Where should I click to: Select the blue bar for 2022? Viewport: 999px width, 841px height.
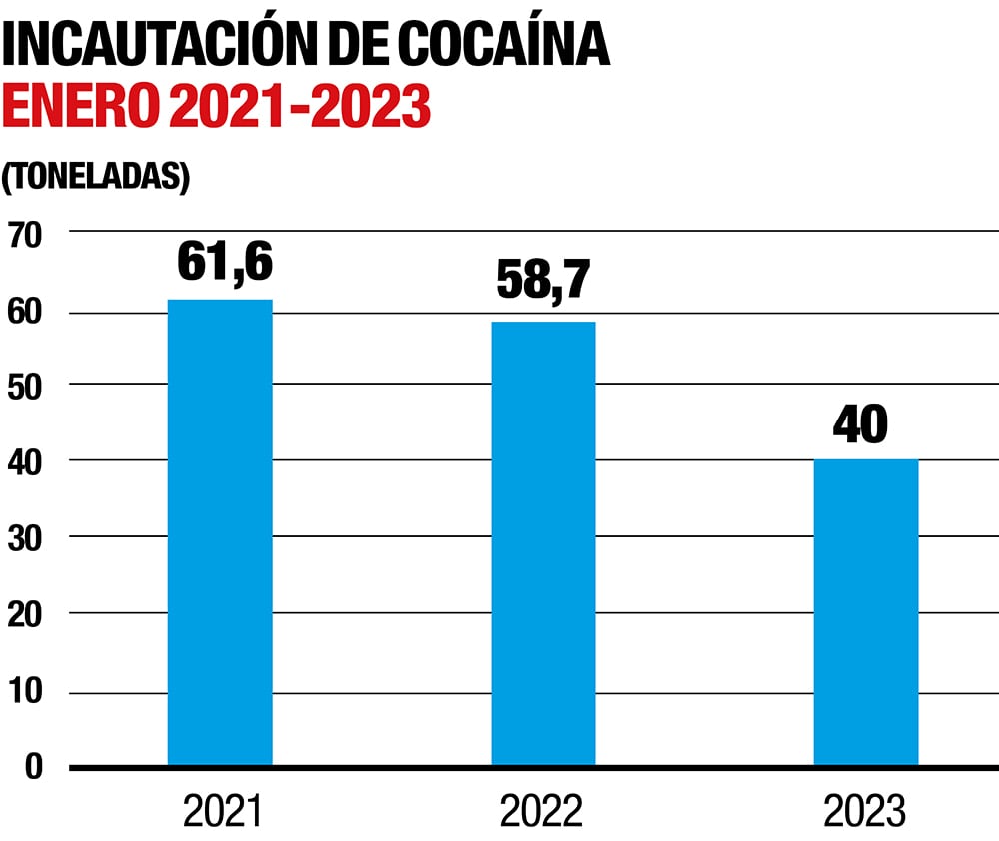(542, 543)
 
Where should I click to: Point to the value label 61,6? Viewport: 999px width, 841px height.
(225, 262)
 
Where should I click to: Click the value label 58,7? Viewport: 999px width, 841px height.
(544, 283)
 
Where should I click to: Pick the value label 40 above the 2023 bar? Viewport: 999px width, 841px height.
(860, 424)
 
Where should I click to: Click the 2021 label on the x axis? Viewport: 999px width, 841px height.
(221, 813)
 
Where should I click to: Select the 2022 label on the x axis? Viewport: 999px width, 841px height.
(542, 813)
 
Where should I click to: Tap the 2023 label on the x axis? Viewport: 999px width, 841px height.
(864, 813)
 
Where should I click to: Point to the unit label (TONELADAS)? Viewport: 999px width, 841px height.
(95, 176)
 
